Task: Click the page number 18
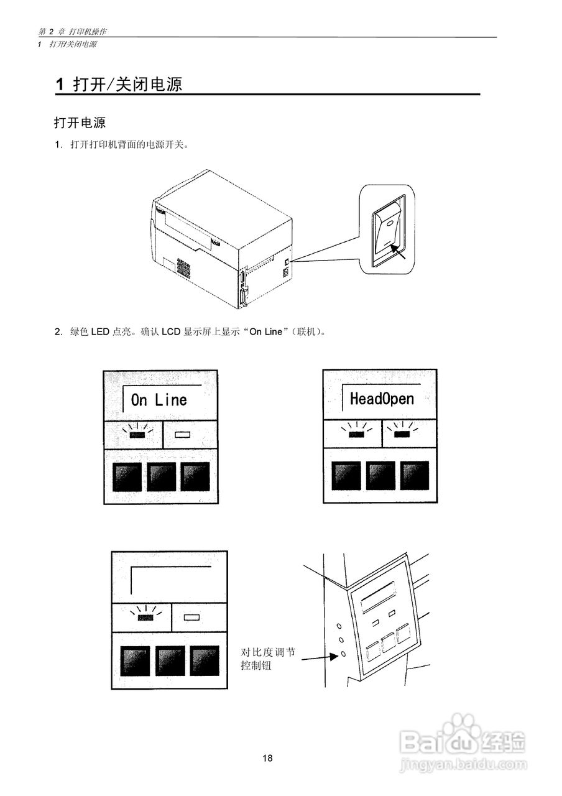(x=267, y=758)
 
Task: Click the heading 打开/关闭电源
(x=127, y=85)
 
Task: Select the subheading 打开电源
(x=80, y=122)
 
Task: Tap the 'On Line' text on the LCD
(x=159, y=400)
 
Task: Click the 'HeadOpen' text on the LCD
(x=381, y=399)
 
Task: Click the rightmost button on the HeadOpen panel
(x=414, y=476)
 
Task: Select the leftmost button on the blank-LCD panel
(x=134, y=661)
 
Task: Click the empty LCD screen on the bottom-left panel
(x=171, y=580)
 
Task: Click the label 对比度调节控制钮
(x=269, y=659)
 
